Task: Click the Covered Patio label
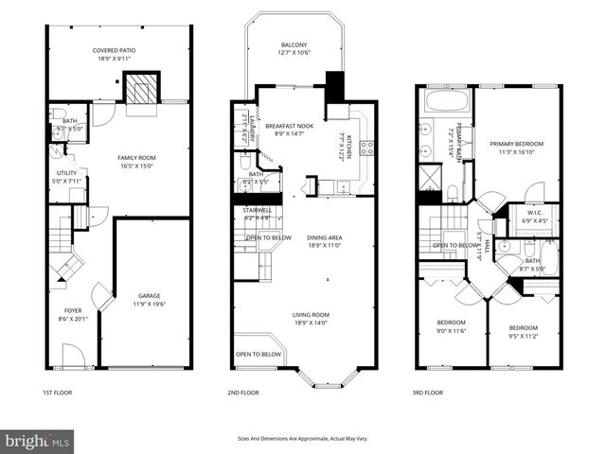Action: tap(117, 54)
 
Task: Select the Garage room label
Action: tap(150, 300)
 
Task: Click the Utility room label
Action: tap(65, 177)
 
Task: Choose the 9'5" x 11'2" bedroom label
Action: tap(523, 332)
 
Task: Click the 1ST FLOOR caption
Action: tap(56, 392)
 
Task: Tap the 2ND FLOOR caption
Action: tap(243, 392)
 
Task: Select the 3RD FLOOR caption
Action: tap(428, 392)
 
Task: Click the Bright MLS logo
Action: tap(38, 441)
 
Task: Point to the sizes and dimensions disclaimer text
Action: tap(302, 439)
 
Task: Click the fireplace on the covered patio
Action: tap(142, 89)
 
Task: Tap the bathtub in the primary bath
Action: tap(445, 100)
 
